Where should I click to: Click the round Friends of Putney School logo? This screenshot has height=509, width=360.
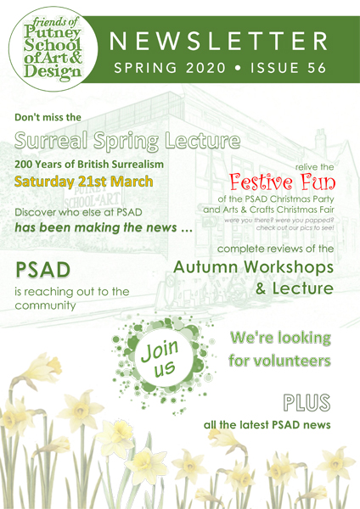[53, 48]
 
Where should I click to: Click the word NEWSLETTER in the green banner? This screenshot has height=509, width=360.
[218, 42]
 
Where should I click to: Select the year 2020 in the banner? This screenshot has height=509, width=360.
[205, 68]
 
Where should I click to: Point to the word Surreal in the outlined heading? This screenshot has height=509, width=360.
[51, 141]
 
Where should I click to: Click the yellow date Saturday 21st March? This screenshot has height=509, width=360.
[83, 182]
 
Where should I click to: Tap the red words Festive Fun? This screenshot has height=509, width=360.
[282, 182]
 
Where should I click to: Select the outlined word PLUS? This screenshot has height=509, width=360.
[307, 402]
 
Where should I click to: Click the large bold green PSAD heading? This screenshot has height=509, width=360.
[42, 270]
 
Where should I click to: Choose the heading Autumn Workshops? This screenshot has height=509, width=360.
[253, 267]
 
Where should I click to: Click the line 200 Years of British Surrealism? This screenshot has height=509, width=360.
[89, 165]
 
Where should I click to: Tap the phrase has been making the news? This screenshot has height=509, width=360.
[96, 227]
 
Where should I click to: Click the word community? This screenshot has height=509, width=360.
[45, 305]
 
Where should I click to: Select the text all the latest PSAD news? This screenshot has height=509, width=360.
[267, 425]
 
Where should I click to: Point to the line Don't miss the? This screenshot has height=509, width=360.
[48, 117]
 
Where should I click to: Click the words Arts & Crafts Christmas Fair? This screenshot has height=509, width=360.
[278, 210]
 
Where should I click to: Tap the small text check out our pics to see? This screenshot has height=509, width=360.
[295, 228]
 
